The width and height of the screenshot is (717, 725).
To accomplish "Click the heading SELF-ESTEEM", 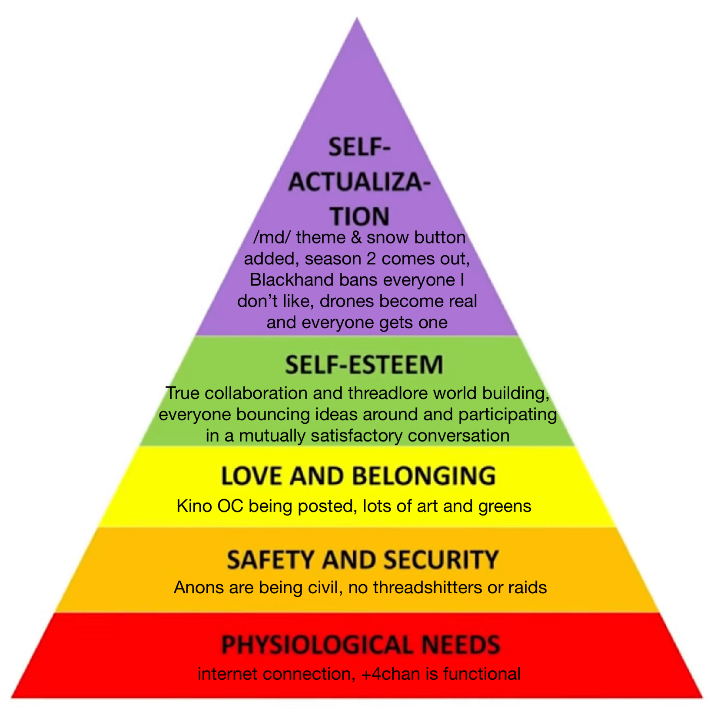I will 364,365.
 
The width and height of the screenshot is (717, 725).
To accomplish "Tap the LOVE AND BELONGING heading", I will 358,476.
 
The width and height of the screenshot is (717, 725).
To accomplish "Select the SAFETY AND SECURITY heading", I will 362,560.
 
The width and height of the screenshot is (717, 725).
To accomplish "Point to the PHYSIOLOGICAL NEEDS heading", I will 361,645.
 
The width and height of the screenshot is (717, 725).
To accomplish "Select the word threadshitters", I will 427,588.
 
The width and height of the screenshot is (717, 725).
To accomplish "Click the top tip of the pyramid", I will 357,19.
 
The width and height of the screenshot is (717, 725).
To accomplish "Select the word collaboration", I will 256,393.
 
